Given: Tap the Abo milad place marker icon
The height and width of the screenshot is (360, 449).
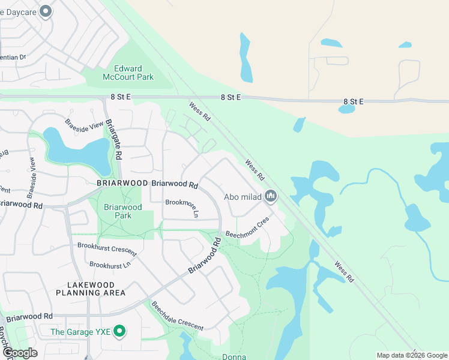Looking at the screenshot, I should (271, 196).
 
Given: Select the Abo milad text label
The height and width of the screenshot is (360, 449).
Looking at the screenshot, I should (243, 197).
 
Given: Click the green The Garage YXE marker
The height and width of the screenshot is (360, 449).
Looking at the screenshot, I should (120, 331).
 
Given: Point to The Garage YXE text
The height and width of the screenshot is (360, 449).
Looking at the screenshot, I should (82, 331).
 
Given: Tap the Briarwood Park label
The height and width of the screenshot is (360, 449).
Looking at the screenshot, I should (122, 211).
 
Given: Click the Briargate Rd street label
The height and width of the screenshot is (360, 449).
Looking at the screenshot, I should (114, 139).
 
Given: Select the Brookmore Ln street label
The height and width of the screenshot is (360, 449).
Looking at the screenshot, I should (182, 207).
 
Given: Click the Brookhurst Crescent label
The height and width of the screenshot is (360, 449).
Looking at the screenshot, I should (107, 250).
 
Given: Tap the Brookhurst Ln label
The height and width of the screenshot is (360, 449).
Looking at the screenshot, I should (110, 265).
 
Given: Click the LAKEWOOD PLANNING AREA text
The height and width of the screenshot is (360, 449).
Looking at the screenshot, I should (91, 288).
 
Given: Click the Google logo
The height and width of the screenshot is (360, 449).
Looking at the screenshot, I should (19, 353).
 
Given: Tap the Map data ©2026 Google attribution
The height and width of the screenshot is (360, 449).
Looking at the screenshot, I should (411, 355).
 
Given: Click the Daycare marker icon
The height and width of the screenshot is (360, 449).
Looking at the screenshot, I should (46, 12).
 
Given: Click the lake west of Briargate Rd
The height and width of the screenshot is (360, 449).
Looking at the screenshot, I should (75, 151).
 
